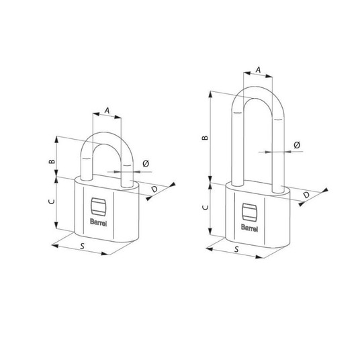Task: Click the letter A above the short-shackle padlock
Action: click(x=107, y=111)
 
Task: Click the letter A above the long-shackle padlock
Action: click(x=259, y=70)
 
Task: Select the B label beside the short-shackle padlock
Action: click(x=52, y=161)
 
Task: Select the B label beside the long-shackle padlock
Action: click(x=205, y=138)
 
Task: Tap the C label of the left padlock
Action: click(x=52, y=201)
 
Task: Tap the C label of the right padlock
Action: click(x=206, y=208)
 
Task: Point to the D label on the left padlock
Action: click(x=154, y=189)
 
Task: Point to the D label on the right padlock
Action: click(x=306, y=195)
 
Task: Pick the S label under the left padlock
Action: click(x=82, y=246)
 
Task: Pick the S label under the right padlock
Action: click(x=236, y=249)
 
